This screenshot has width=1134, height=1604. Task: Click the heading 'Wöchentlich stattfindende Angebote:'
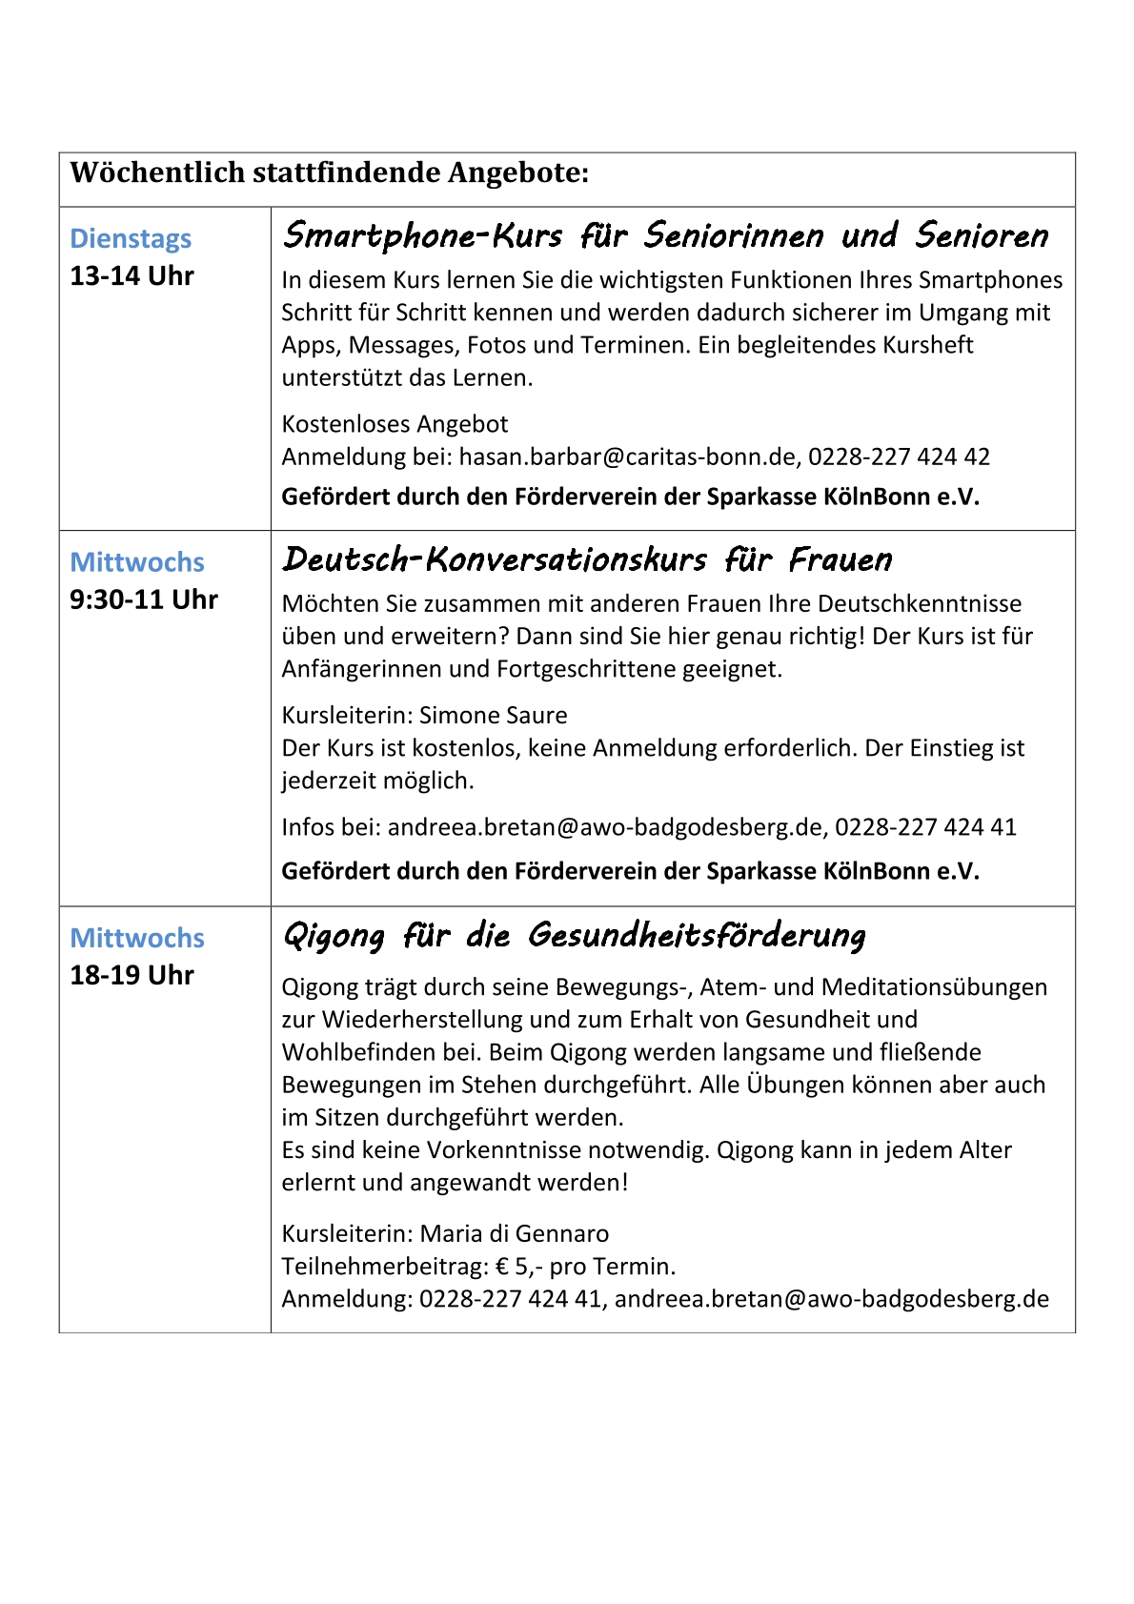click(330, 173)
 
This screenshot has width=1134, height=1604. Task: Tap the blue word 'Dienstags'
click(131, 238)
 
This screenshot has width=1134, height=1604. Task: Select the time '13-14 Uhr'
click(132, 276)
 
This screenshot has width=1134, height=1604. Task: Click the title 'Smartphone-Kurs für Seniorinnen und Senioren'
click(665, 235)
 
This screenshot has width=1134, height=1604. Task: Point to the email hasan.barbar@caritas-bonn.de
click(627, 457)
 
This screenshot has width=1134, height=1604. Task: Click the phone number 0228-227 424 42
click(899, 457)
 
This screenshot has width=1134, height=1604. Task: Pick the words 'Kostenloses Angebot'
click(395, 424)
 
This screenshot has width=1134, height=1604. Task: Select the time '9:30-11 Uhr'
click(144, 599)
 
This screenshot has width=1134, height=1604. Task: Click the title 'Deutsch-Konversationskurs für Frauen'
click(587, 559)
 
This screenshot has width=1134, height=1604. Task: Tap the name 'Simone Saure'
click(494, 716)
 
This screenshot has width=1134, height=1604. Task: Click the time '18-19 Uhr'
click(132, 976)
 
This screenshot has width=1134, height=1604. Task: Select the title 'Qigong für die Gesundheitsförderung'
click(574, 936)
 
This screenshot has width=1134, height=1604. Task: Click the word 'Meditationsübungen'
click(934, 987)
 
